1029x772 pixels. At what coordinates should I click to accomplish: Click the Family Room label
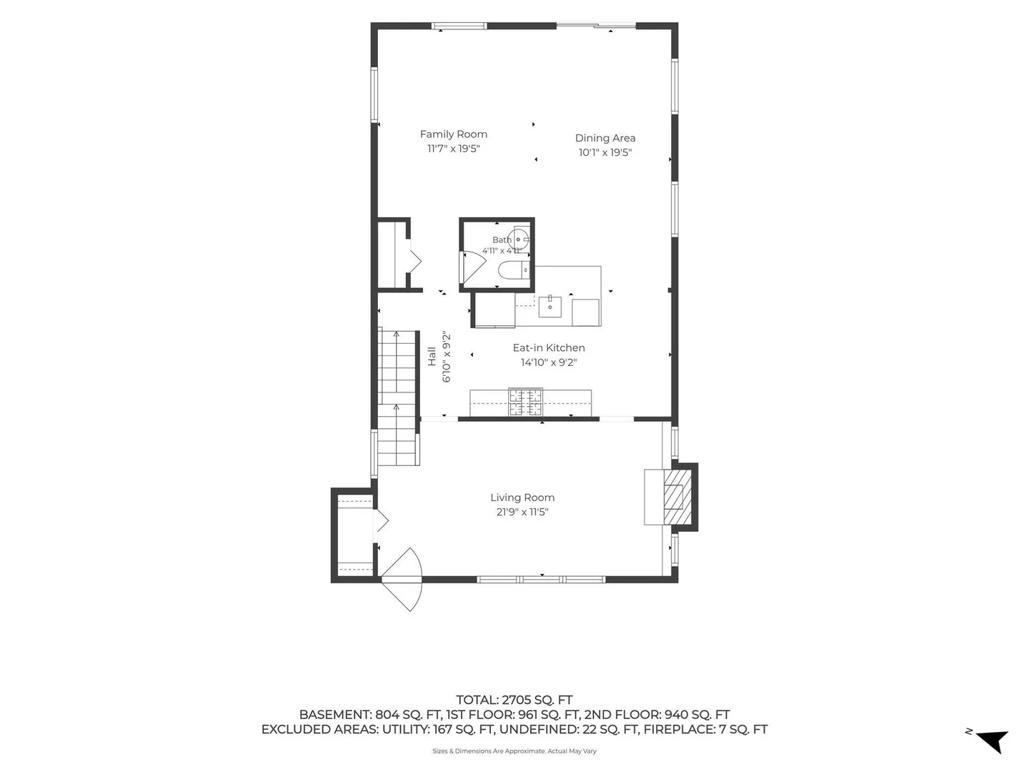453,134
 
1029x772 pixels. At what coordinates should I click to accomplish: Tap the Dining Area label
605,138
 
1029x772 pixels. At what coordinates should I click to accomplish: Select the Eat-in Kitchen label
549,348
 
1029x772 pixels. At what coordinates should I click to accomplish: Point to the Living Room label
522,498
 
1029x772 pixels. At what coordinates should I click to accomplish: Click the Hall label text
432,356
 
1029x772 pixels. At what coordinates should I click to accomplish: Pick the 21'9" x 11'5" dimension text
522,512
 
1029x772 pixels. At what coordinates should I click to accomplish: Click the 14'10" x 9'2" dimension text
549,362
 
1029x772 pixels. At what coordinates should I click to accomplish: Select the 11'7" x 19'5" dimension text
453,149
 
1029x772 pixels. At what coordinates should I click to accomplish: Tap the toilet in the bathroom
514,270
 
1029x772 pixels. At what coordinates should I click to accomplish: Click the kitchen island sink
550,307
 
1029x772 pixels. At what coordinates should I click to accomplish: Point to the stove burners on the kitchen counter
525,402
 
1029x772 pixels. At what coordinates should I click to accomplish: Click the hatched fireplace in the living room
677,497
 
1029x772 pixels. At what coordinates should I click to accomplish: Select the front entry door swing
402,579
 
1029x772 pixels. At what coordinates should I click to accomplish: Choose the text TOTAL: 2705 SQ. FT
514,700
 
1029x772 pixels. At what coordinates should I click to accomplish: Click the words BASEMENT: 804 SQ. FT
370,715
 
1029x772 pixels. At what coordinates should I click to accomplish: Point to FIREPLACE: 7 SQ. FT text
705,729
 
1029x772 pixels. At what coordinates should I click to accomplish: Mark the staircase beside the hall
397,397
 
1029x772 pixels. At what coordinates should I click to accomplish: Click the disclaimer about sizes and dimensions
514,751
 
